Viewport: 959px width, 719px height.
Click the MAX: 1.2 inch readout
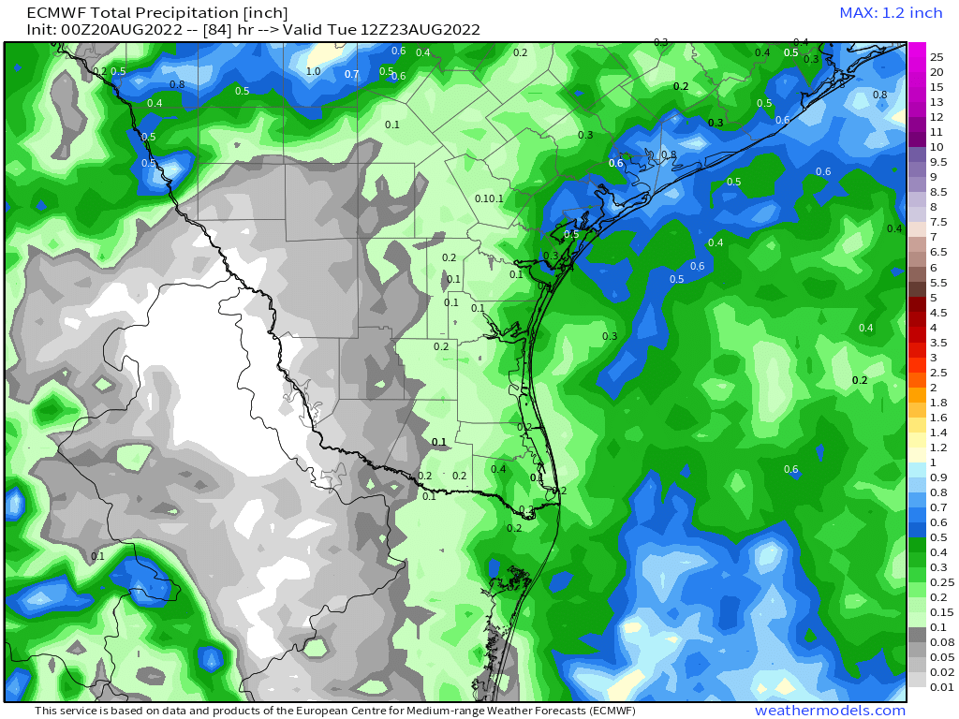891,13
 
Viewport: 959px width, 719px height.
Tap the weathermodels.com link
830,711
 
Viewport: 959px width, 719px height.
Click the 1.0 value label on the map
314,72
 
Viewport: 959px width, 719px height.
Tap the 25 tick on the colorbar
936,57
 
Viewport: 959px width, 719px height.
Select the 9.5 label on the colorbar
938,162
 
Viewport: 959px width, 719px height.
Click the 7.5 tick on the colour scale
938,222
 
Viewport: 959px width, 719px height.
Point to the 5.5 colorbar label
938,282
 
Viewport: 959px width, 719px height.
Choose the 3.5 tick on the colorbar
938,342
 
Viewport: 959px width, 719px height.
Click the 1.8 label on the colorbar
938,402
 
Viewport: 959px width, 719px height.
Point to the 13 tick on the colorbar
936,102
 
